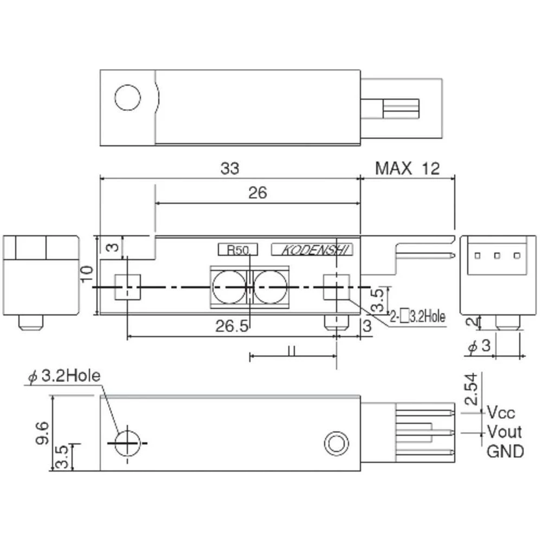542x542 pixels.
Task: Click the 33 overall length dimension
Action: point(230,169)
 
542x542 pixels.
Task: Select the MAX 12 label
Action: point(408,169)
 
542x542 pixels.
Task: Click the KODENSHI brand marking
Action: point(312,250)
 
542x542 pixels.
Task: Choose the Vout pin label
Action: point(504,432)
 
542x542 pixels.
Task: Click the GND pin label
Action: point(505,451)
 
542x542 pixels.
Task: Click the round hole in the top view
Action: point(128,98)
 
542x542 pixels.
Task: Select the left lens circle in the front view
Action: point(227,286)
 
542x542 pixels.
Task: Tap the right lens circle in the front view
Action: point(269,286)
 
